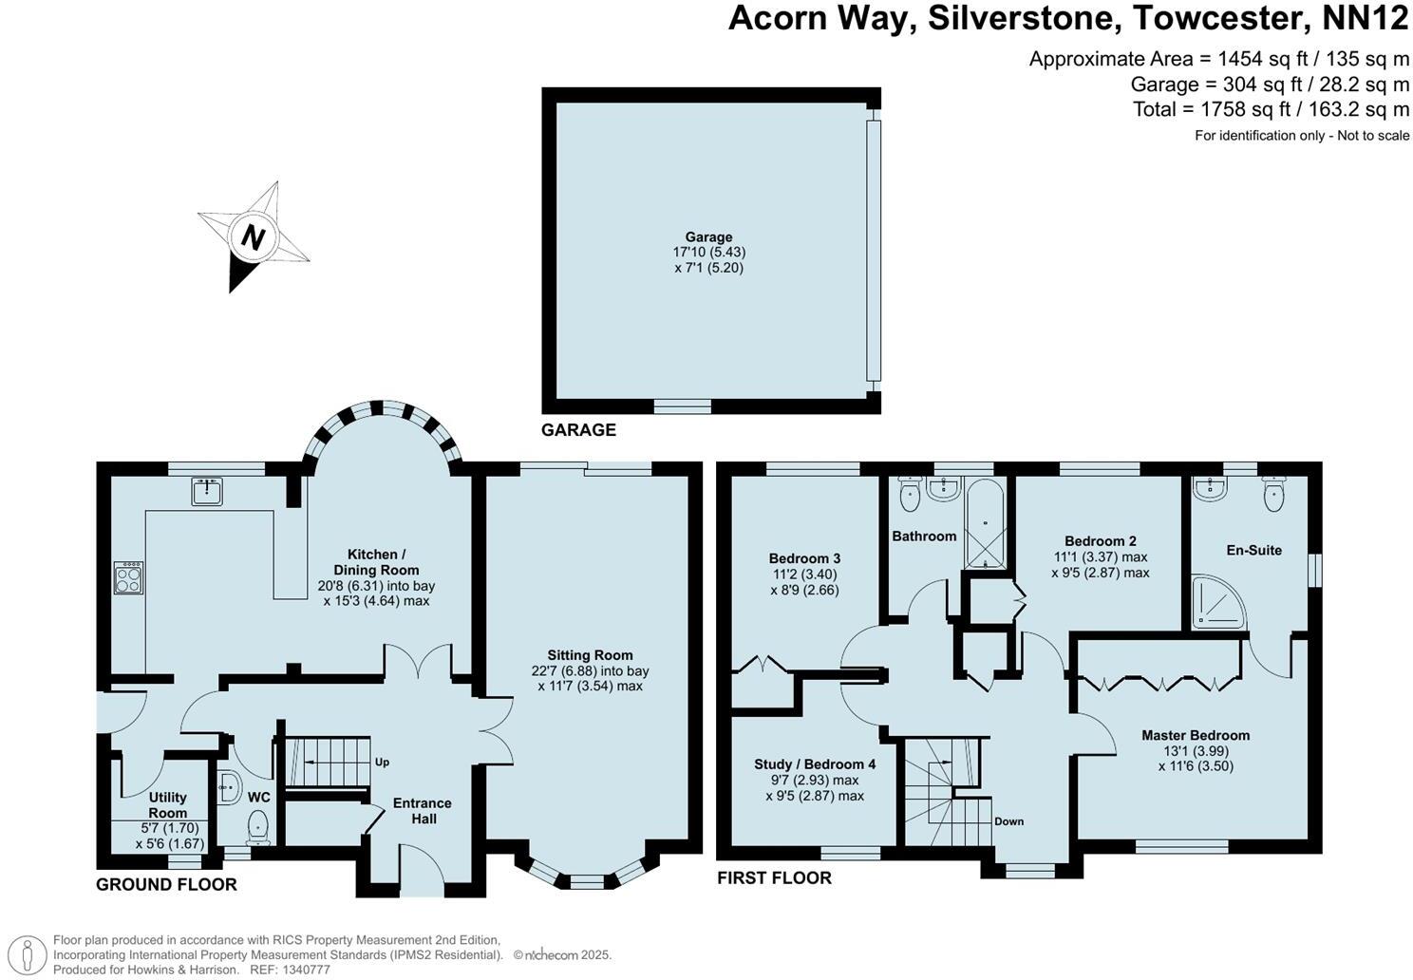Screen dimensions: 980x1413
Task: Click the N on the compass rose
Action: pos(253,236)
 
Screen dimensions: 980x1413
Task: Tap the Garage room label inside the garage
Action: pos(708,237)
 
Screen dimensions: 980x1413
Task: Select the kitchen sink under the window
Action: pos(206,491)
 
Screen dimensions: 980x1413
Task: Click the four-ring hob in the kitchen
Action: pos(128,577)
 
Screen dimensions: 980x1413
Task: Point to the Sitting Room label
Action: pos(590,655)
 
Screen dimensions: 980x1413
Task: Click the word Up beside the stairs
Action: pos(382,762)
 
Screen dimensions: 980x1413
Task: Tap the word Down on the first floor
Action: pos(1008,821)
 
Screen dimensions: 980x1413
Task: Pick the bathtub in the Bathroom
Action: pos(985,522)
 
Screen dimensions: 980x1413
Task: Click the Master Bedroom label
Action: pos(1195,735)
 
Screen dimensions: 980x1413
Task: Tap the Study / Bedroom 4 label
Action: pos(815,764)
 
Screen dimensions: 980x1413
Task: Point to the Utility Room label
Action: pos(167,805)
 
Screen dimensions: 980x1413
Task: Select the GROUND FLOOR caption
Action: pos(166,885)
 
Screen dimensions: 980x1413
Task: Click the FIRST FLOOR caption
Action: pos(774,878)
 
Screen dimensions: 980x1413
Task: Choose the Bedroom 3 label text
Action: pos(804,558)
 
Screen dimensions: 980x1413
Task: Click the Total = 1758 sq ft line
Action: pos(1271,109)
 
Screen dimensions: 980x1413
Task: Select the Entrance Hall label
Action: pos(424,811)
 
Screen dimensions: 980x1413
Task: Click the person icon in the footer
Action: pos(31,953)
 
